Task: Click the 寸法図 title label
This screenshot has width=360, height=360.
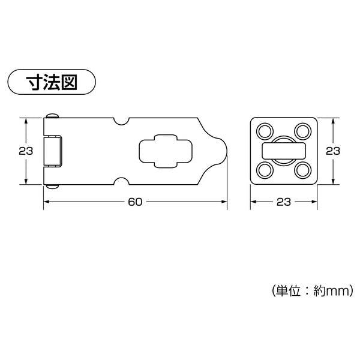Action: coord(52,82)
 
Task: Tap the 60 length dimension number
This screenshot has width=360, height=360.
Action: coord(135,202)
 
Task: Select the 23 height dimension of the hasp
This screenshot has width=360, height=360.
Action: coord(26,151)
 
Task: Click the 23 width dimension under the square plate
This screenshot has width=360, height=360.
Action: coord(284,202)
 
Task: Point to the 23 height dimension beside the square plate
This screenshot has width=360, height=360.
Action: coord(333,151)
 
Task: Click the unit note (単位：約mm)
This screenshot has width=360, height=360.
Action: coord(312,291)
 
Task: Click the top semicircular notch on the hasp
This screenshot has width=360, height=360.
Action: coord(121,121)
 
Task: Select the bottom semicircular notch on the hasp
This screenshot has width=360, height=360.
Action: coord(121,181)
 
